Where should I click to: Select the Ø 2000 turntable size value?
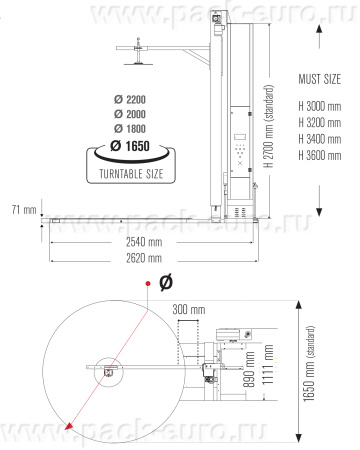(x=131, y=116)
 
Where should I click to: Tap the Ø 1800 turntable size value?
(x=131, y=130)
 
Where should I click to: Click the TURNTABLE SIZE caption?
(x=132, y=174)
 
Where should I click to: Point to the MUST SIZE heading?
(x=321, y=77)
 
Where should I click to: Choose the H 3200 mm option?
(x=320, y=122)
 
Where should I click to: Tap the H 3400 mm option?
(x=320, y=138)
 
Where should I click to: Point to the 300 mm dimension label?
(x=189, y=309)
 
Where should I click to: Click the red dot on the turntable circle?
(x=148, y=285)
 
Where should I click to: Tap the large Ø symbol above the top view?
(x=165, y=278)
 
